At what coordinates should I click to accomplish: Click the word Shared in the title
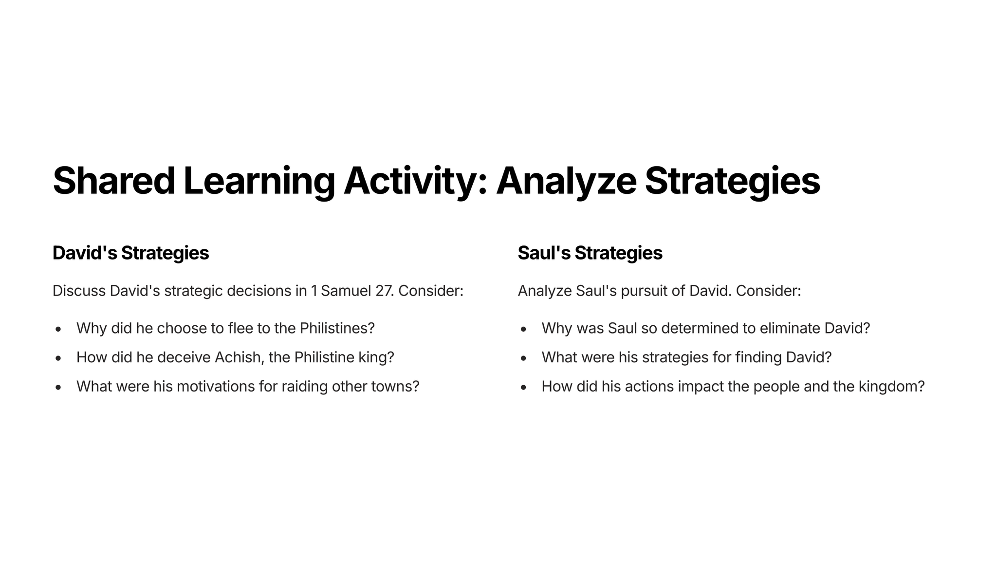(x=114, y=181)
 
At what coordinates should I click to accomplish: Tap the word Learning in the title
(x=259, y=182)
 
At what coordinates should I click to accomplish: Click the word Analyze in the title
(x=566, y=182)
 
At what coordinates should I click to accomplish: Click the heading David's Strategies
(x=130, y=253)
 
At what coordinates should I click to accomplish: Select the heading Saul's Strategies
(x=590, y=253)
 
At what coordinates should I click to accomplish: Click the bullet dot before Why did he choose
(x=58, y=329)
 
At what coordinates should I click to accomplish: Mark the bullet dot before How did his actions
(x=524, y=388)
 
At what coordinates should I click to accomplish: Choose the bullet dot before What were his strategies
(x=524, y=358)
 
